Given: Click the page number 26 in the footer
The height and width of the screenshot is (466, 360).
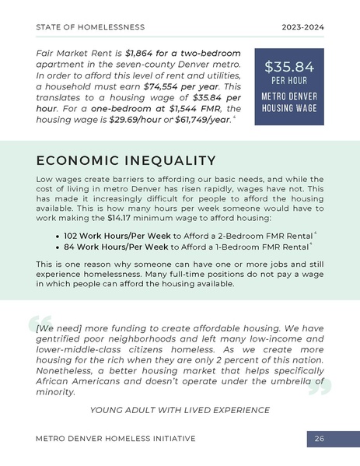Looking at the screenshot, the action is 319,439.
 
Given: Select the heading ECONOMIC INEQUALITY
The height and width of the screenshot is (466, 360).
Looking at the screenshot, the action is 125,160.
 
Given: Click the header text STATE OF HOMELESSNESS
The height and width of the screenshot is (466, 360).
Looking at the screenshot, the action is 90,26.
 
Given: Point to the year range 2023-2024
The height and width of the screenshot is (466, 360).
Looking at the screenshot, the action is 302,26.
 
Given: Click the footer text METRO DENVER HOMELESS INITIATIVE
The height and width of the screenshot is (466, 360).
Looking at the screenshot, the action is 115,439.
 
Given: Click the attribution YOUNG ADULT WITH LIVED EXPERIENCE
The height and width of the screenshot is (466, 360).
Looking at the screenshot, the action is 180,410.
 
